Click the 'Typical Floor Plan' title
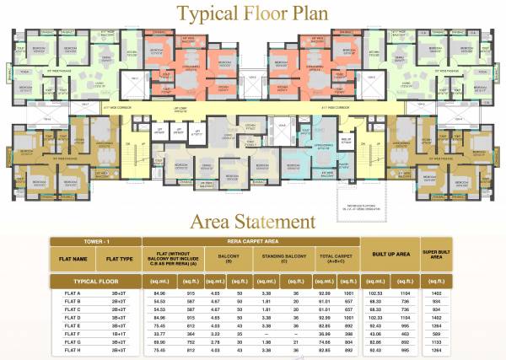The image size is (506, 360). (x=252, y=13)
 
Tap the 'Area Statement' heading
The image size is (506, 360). (x=252, y=222)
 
